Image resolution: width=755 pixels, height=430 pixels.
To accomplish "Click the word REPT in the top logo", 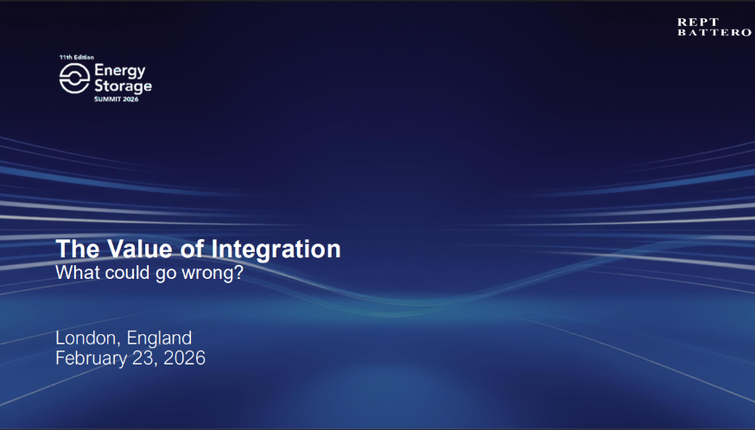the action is (698, 22).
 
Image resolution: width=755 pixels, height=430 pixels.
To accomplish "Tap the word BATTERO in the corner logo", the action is (714, 33).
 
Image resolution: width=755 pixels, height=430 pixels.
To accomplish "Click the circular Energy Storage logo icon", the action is (74, 78).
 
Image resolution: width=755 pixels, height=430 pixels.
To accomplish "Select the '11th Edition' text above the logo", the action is (77, 57).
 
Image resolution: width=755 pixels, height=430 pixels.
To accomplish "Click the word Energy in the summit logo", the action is (120, 72).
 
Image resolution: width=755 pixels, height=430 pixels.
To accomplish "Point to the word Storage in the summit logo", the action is (123, 86).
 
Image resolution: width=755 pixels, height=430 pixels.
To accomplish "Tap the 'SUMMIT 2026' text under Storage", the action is (116, 99).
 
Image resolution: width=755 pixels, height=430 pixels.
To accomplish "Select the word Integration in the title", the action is (276, 250).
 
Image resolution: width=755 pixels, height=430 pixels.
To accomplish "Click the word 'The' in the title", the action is (78, 249).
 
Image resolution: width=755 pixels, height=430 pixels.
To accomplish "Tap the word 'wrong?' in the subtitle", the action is (213, 274).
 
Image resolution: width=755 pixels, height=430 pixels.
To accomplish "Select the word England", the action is (159, 338).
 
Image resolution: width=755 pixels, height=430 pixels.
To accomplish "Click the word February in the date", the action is (90, 358).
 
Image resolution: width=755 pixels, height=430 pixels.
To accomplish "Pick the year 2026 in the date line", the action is (184, 358).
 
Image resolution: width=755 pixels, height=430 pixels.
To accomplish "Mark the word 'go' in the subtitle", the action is (166, 274).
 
